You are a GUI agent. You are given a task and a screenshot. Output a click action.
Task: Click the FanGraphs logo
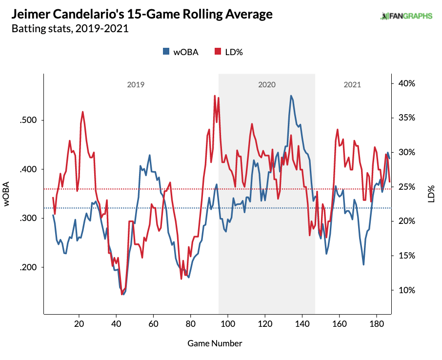[406, 16]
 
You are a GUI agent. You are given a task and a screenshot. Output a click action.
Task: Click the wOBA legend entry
[181, 52]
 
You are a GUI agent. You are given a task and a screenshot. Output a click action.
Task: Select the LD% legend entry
[228, 52]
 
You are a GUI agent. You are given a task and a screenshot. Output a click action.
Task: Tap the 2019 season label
[136, 84]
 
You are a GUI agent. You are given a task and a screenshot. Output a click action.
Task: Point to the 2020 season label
[266, 84]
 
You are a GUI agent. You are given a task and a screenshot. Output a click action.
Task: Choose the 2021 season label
[352, 84]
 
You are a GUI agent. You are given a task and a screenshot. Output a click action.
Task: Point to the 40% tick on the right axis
[406, 83]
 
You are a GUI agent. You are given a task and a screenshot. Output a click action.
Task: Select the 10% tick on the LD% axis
[406, 290]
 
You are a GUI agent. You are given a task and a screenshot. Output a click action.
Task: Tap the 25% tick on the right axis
[406, 187]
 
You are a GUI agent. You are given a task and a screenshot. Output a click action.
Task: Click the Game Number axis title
[215, 343]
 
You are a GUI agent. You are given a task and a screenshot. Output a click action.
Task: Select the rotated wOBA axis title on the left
[7, 194]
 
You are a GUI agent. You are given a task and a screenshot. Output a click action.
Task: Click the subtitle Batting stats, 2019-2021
[70, 29]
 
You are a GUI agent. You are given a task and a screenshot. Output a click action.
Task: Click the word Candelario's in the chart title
[101, 15]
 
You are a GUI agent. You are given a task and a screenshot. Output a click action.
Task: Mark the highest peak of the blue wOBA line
[291, 96]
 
